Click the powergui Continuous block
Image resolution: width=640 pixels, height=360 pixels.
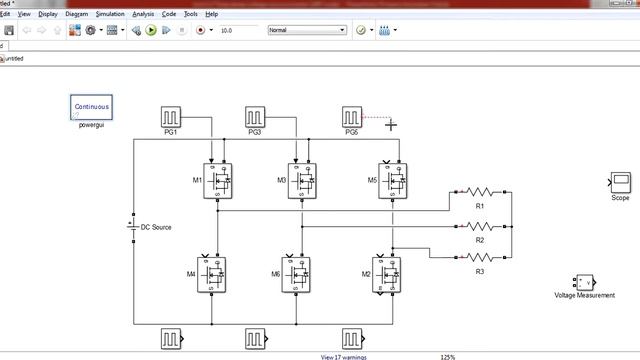tap(92, 108)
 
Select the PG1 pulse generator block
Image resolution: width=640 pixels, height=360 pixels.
tap(171, 117)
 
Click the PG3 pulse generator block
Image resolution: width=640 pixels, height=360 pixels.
tap(255, 117)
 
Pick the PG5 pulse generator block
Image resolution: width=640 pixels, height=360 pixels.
tap(351, 117)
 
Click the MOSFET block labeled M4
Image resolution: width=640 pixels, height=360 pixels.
tap(212, 273)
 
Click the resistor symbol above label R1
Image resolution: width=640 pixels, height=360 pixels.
tap(480, 191)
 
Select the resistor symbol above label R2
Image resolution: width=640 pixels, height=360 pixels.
tap(480, 226)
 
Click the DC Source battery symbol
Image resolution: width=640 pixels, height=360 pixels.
tap(133, 227)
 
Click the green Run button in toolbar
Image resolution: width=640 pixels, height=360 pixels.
tap(151, 31)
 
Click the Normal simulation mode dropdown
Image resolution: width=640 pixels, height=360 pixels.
tap(307, 31)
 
